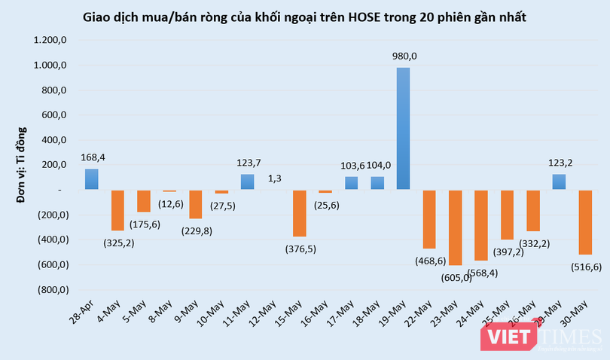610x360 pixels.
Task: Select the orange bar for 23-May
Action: [456, 227]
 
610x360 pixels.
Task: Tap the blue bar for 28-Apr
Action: [91, 179]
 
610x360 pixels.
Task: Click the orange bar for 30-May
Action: [584, 222]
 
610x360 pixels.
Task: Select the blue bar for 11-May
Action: [248, 182]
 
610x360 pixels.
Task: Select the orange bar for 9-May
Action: [196, 204]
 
